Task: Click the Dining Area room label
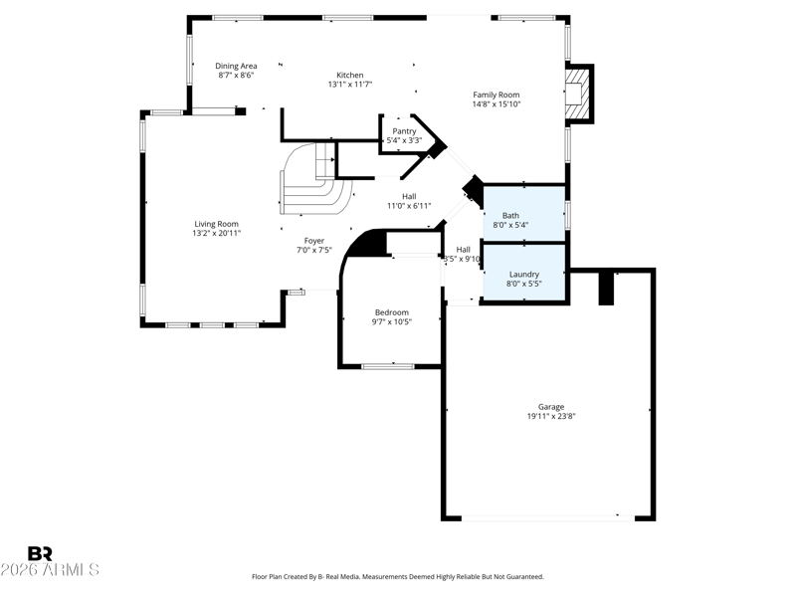pyautogui.click(x=236, y=66)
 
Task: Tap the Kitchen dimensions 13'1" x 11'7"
pyautogui.click(x=350, y=85)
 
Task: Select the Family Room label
pyautogui.click(x=496, y=95)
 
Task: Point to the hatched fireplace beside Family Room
pyautogui.click(x=578, y=94)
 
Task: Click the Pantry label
pyautogui.click(x=404, y=131)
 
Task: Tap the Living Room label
pyautogui.click(x=216, y=224)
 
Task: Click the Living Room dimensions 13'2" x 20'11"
pyautogui.click(x=216, y=234)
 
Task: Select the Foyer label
pyautogui.click(x=314, y=241)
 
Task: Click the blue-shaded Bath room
pyautogui.click(x=524, y=214)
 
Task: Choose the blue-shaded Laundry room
pyautogui.click(x=524, y=273)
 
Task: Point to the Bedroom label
pyautogui.click(x=392, y=312)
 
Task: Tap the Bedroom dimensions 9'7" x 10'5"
pyautogui.click(x=392, y=321)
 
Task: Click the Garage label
pyautogui.click(x=551, y=407)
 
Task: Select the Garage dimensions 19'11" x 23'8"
pyautogui.click(x=551, y=416)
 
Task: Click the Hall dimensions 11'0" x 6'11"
pyautogui.click(x=409, y=206)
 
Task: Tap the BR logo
pyautogui.click(x=40, y=553)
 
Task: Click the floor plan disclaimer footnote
pyautogui.click(x=398, y=577)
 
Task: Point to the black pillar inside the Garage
pyautogui.click(x=606, y=289)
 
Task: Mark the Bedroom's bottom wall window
pyautogui.click(x=388, y=366)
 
